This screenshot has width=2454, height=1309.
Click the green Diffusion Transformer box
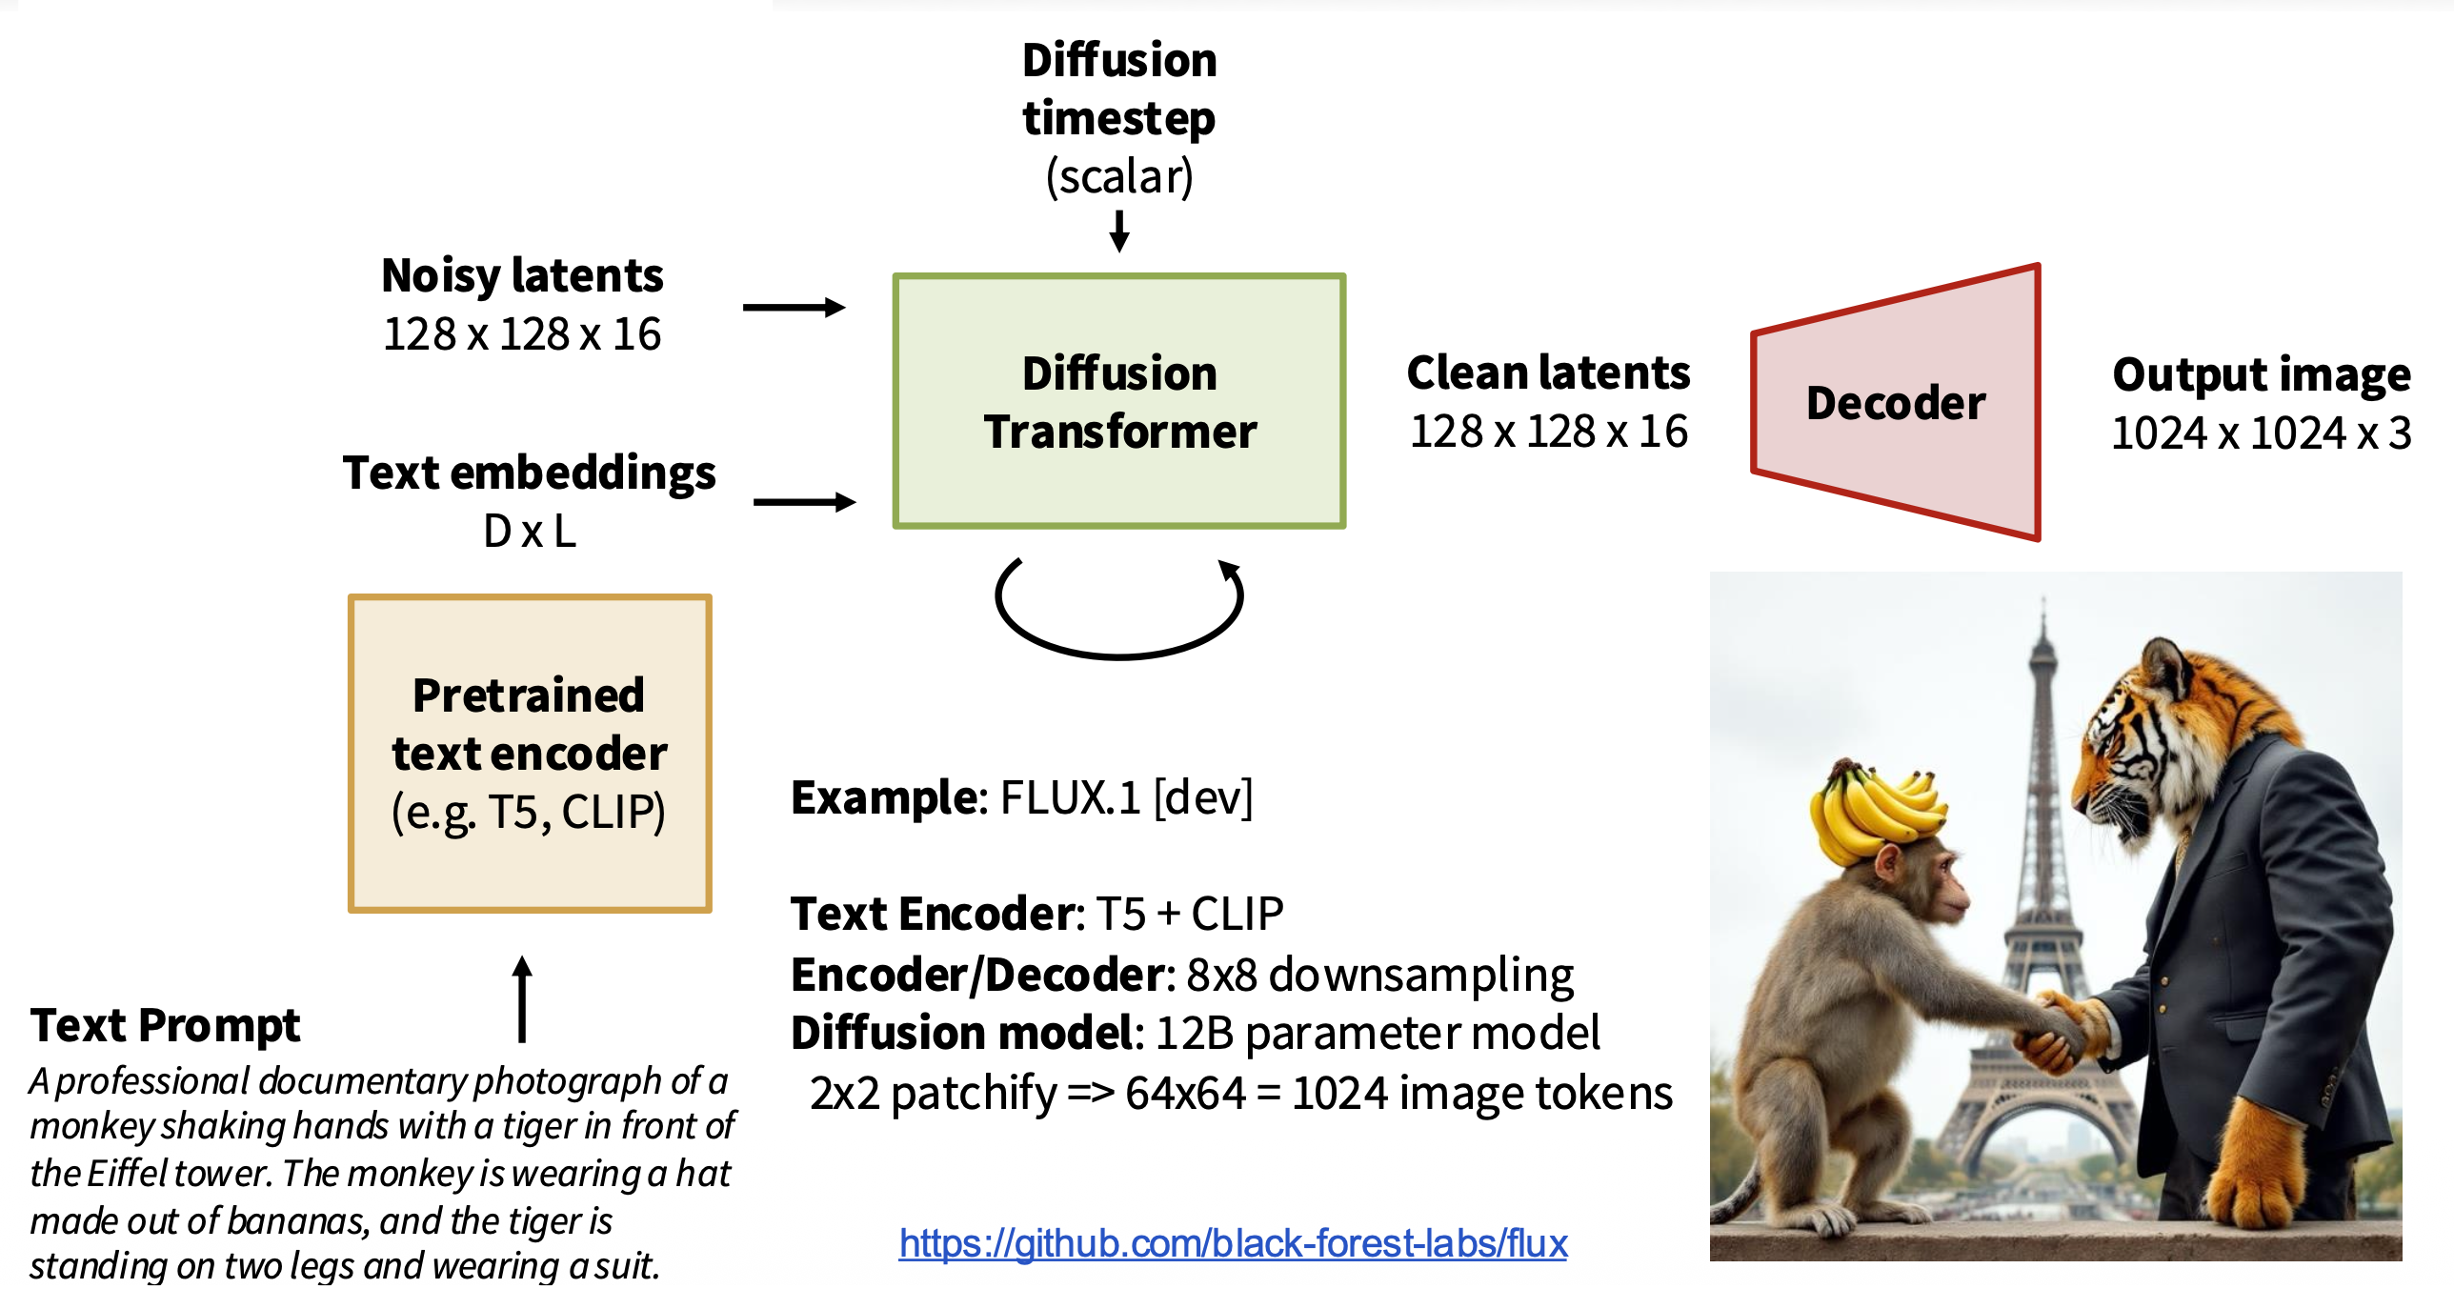pos(1118,400)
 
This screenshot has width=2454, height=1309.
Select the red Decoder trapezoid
pos(1896,402)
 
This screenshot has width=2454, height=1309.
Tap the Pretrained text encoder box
pos(530,753)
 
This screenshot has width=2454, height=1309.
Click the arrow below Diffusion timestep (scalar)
pos(1119,231)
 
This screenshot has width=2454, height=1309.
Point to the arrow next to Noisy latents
pos(794,307)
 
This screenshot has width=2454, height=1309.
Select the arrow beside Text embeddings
pos(804,501)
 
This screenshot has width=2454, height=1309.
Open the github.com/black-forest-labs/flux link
pos(1233,1243)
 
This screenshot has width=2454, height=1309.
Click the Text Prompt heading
pos(165,1025)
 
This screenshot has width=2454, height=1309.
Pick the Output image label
pos(2262,374)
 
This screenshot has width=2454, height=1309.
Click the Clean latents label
pos(1548,373)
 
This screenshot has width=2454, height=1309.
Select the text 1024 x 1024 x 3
pos(2262,433)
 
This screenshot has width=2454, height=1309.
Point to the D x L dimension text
pos(530,531)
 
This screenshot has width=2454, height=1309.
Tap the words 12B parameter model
pos(1377,1033)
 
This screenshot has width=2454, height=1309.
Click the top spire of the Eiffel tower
pos(2042,619)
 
